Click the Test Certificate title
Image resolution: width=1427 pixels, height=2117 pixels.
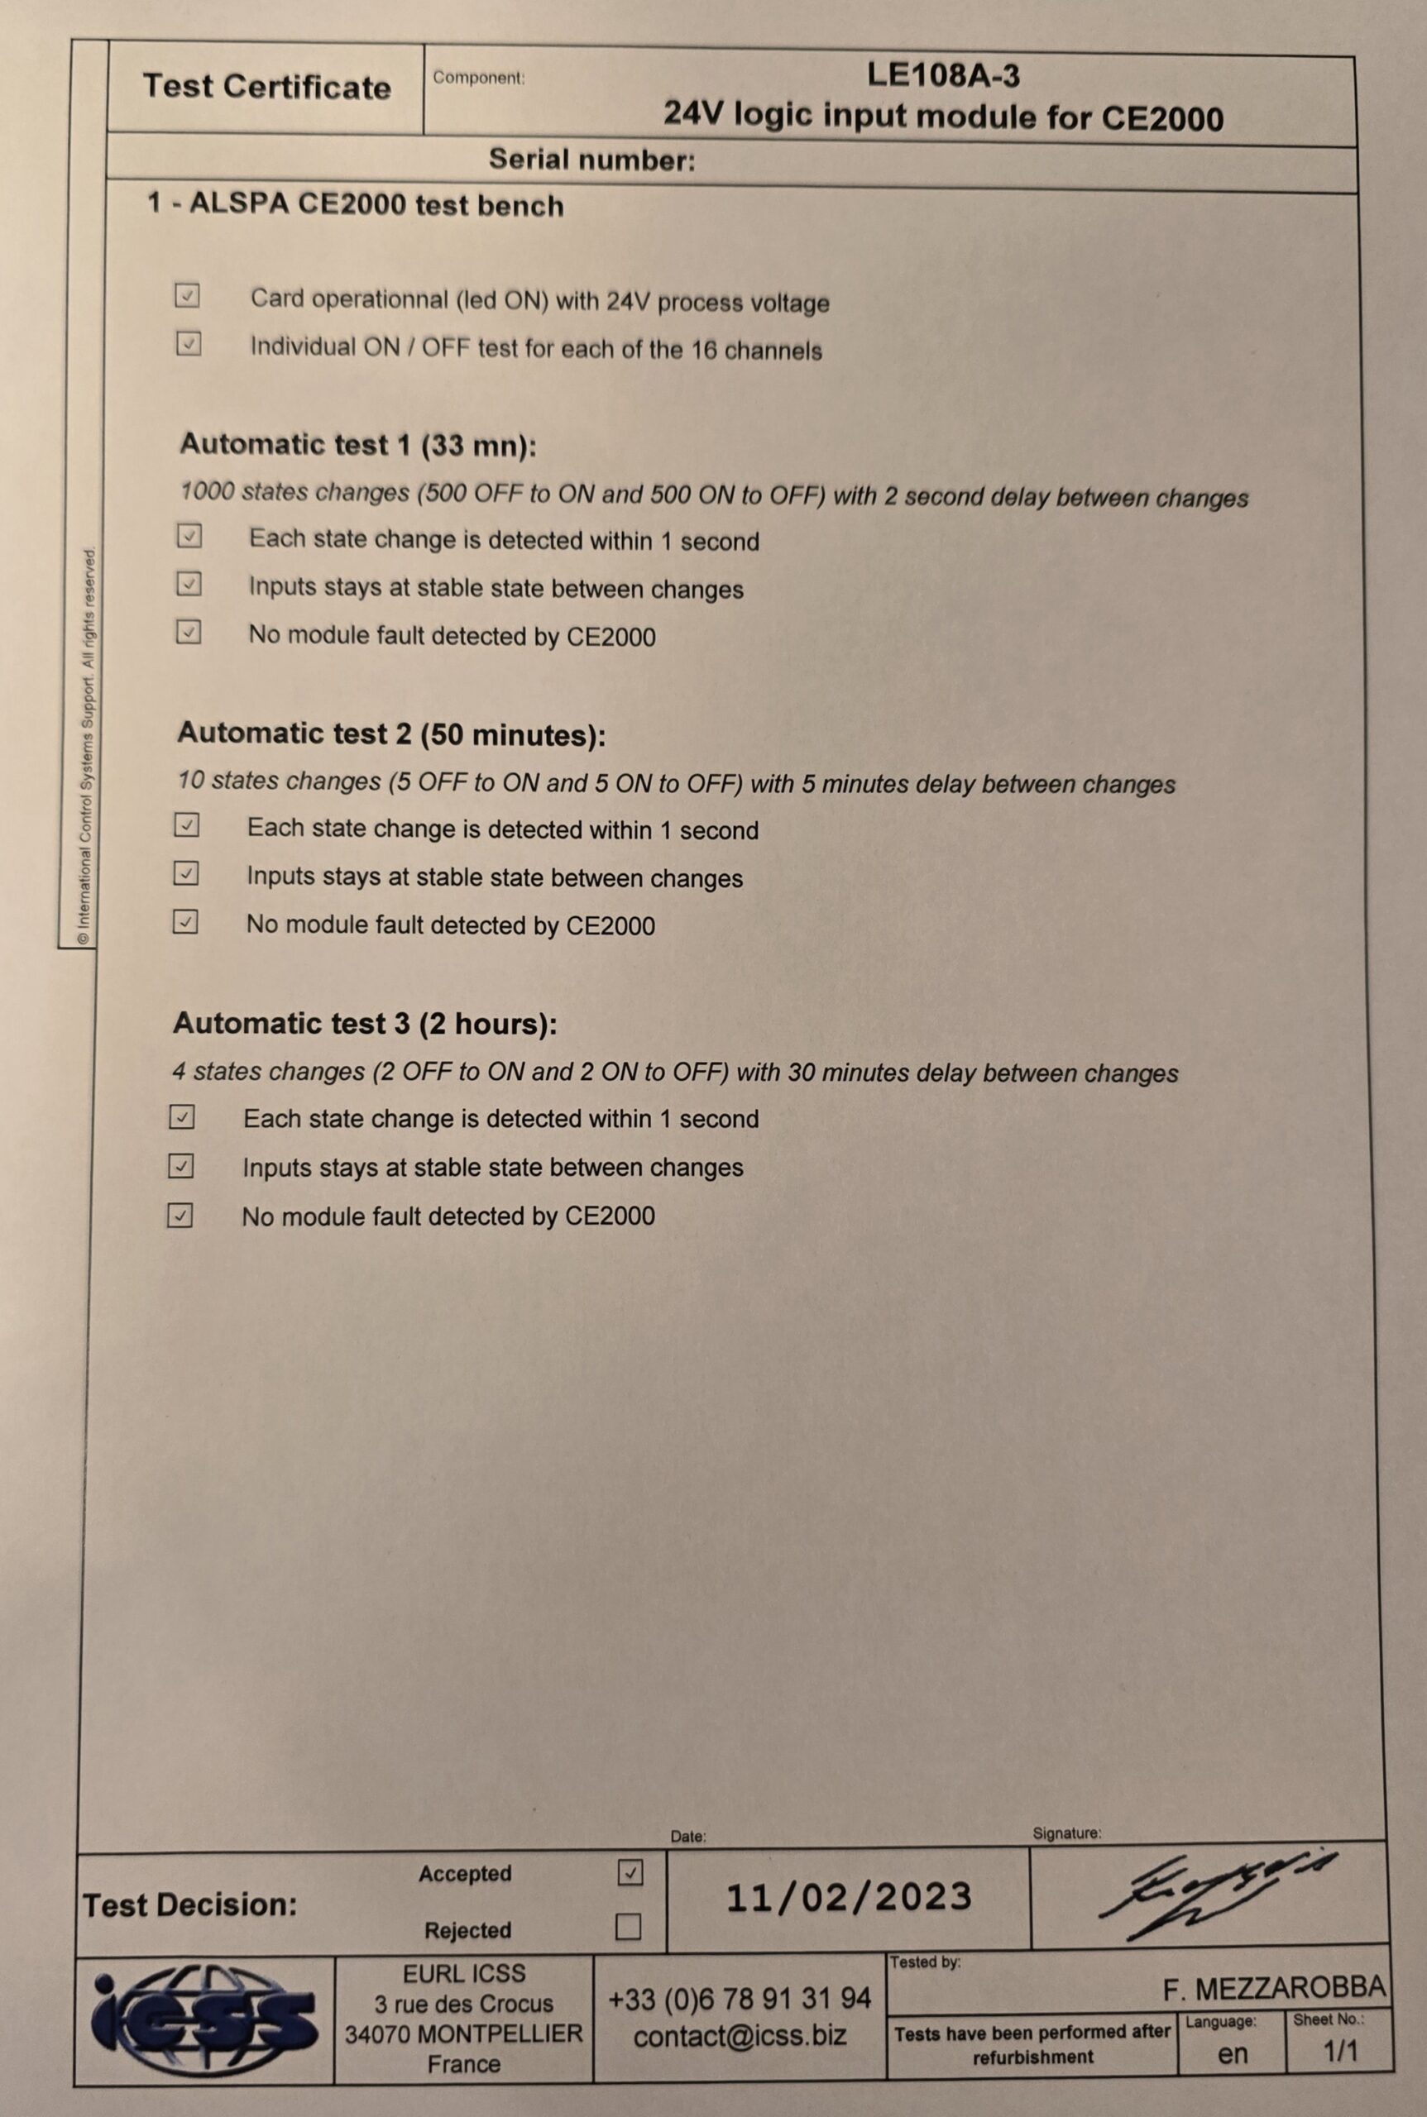click(266, 88)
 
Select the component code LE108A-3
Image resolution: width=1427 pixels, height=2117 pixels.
click(943, 74)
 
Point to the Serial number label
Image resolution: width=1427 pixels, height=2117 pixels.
click(591, 160)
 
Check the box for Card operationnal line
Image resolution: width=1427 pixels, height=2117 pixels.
click(188, 296)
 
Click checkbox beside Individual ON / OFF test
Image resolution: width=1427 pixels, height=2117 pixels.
click(189, 344)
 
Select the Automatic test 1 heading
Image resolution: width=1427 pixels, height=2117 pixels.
click(357, 445)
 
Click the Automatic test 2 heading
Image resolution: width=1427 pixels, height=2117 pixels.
click(390, 734)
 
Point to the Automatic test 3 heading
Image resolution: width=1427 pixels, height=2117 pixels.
click(365, 1024)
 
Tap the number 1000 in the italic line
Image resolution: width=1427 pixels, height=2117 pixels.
click(207, 492)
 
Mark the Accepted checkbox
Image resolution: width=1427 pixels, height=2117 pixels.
click(630, 1872)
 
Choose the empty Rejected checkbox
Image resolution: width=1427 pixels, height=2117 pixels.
click(628, 1927)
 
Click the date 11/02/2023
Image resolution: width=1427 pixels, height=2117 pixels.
click(849, 1898)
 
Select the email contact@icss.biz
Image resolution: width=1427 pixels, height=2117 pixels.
click(740, 2036)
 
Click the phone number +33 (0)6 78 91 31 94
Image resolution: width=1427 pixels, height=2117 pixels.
click(740, 1999)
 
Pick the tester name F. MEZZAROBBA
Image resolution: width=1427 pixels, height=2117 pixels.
click(1273, 1989)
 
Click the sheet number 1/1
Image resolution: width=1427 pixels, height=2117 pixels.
click(1339, 2051)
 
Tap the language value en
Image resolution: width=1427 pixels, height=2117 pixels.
click(1233, 2052)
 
